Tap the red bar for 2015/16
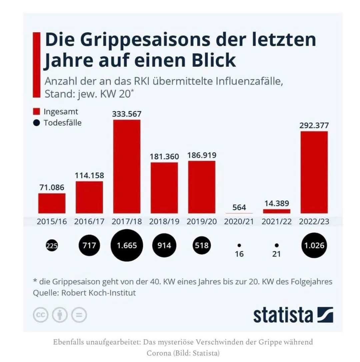click(52, 203)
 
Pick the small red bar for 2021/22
click(276, 211)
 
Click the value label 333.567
click(127, 114)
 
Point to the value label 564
click(239, 207)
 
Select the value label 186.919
click(202, 155)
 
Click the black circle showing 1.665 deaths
click(127, 246)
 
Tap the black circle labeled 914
click(164, 246)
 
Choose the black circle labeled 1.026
click(314, 246)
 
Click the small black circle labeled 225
click(52, 246)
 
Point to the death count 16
click(239, 254)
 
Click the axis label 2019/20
click(202, 221)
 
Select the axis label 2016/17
click(89, 221)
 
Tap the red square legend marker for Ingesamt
click(37, 111)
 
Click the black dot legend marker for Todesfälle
click(37, 123)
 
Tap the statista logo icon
click(325, 315)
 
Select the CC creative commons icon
click(41, 315)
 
